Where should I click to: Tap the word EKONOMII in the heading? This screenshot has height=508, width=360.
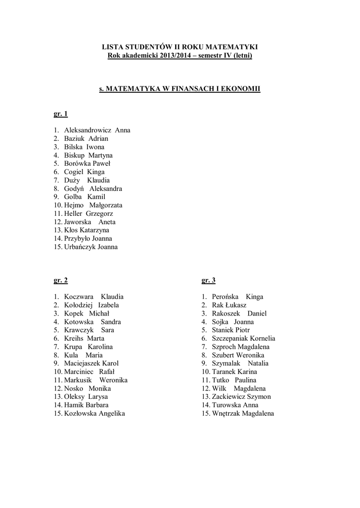click(241, 89)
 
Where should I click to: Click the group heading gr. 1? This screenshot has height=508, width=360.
click(61, 114)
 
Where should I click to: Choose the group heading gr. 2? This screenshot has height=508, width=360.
click(61, 280)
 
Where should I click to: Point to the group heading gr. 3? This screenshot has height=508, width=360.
click(209, 280)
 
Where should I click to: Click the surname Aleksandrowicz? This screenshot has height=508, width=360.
click(88, 130)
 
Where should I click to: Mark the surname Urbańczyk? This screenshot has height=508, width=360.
click(80, 247)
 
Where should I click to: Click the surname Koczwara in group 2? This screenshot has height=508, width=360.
click(79, 297)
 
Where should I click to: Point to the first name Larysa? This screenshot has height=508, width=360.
click(98, 396)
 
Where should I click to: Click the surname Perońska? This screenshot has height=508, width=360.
click(227, 297)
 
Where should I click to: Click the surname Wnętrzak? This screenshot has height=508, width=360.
click(226, 413)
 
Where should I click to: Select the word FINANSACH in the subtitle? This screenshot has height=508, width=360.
click(189, 89)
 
